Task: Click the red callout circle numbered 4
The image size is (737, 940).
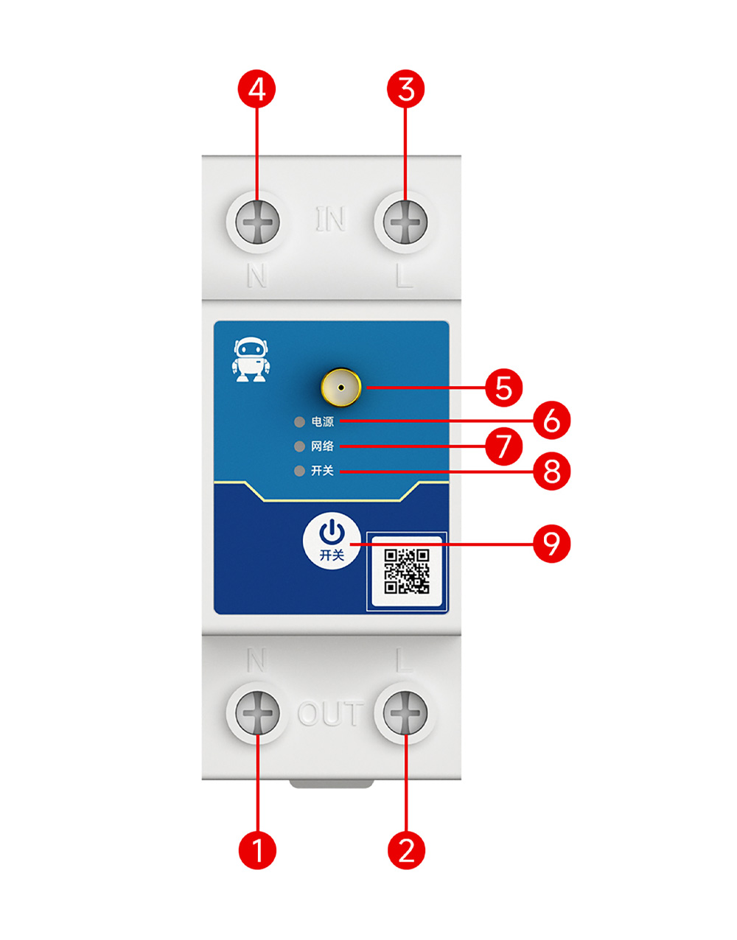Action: pos(256,90)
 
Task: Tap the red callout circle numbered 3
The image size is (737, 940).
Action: pos(406,90)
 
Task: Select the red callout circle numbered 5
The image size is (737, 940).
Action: pos(504,387)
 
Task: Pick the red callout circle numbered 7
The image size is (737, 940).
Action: pos(504,446)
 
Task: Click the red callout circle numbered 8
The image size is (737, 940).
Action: pos(552,471)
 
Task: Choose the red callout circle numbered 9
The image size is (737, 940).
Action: pos(552,544)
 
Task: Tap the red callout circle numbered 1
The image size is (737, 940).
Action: pos(257,849)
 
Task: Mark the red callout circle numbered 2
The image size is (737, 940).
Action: pos(406,849)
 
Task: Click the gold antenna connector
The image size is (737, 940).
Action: pos(341,387)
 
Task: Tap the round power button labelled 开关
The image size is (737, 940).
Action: pos(332,541)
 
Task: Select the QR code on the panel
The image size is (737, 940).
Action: pos(407,571)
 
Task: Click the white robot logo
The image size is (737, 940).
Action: pos(251,360)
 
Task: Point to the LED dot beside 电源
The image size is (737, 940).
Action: pos(299,422)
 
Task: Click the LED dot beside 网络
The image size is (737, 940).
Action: pos(299,446)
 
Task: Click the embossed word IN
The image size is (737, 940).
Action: pos(331,220)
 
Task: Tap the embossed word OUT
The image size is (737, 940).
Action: pos(331,714)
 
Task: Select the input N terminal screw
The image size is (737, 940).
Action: pos(257,222)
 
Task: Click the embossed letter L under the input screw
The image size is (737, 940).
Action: pos(404,276)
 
